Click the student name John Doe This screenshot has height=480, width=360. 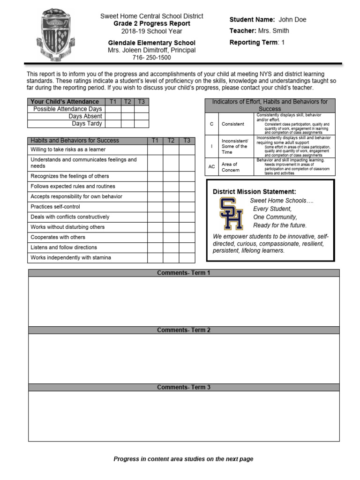(292, 20)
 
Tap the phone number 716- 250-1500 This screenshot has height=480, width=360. (151, 58)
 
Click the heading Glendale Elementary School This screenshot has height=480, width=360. (151, 43)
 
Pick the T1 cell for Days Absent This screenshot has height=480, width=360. (113, 116)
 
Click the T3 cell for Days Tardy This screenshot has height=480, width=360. (142, 124)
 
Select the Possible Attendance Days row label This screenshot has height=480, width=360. (67, 109)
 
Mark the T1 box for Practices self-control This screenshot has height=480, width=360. (155, 207)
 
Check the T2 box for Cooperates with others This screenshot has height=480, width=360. (171, 237)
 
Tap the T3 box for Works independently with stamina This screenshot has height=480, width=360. (187, 258)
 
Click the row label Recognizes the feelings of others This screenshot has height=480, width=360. (70, 176)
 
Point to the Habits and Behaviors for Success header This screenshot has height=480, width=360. (75, 141)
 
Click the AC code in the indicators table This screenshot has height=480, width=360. (212, 167)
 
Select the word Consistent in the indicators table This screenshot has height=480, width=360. (232, 124)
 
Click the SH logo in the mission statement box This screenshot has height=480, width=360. (231, 213)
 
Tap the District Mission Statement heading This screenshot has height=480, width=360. (254, 192)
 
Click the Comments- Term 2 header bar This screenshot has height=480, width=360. (184, 330)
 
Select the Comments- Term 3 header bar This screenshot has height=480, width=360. (184, 387)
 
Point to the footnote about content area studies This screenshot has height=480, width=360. (183, 459)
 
